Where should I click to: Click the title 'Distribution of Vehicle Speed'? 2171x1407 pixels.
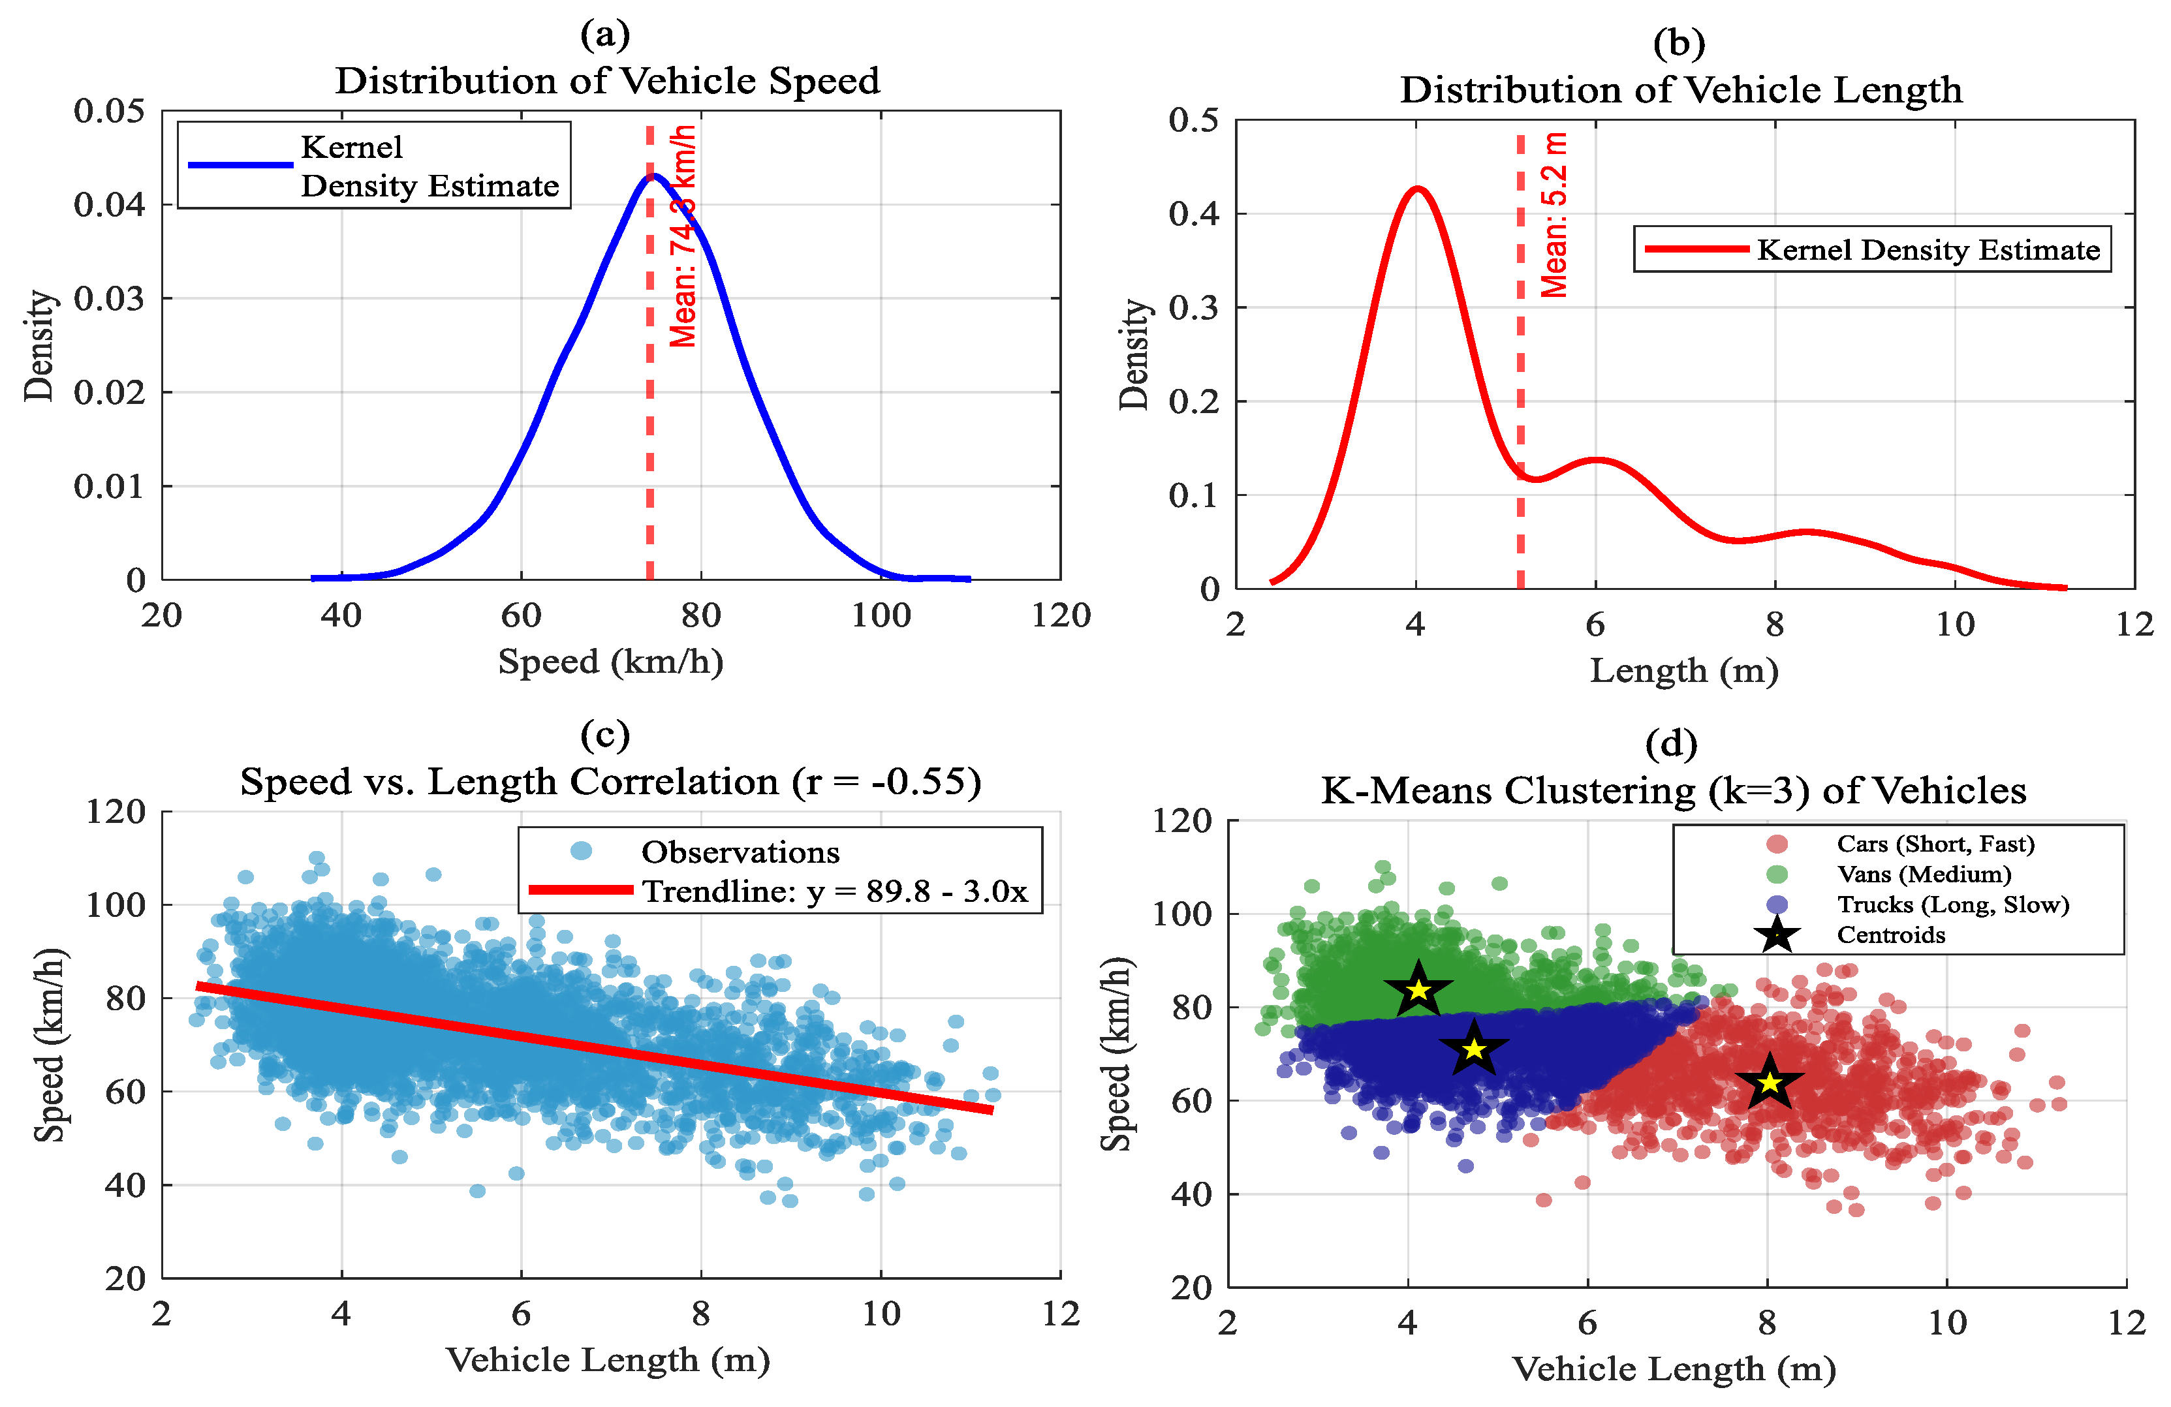(x=608, y=81)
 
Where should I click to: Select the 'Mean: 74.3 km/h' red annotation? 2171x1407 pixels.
(x=683, y=236)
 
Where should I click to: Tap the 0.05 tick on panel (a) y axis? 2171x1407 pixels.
(x=110, y=111)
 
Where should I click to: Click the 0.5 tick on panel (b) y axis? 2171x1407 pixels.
(x=1193, y=120)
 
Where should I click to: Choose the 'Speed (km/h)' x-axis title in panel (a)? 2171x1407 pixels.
(x=610, y=662)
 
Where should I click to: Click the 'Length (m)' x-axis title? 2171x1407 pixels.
(x=1684, y=671)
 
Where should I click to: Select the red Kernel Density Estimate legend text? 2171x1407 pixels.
(x=1928, y=250)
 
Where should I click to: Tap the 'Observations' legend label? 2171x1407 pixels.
(x=740, y=852)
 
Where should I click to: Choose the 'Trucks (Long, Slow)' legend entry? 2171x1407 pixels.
(x=1953, y=904)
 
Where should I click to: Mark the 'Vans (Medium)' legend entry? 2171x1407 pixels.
(x=1924, y=874)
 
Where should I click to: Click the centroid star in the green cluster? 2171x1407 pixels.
(x=1418, y=989)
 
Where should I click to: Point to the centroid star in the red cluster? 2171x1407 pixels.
(x=1770, y=1083)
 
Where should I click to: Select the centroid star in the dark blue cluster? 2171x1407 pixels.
(x=1474, y=1049)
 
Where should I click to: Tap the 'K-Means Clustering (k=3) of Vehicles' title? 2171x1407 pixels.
(x=1674, y=790)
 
